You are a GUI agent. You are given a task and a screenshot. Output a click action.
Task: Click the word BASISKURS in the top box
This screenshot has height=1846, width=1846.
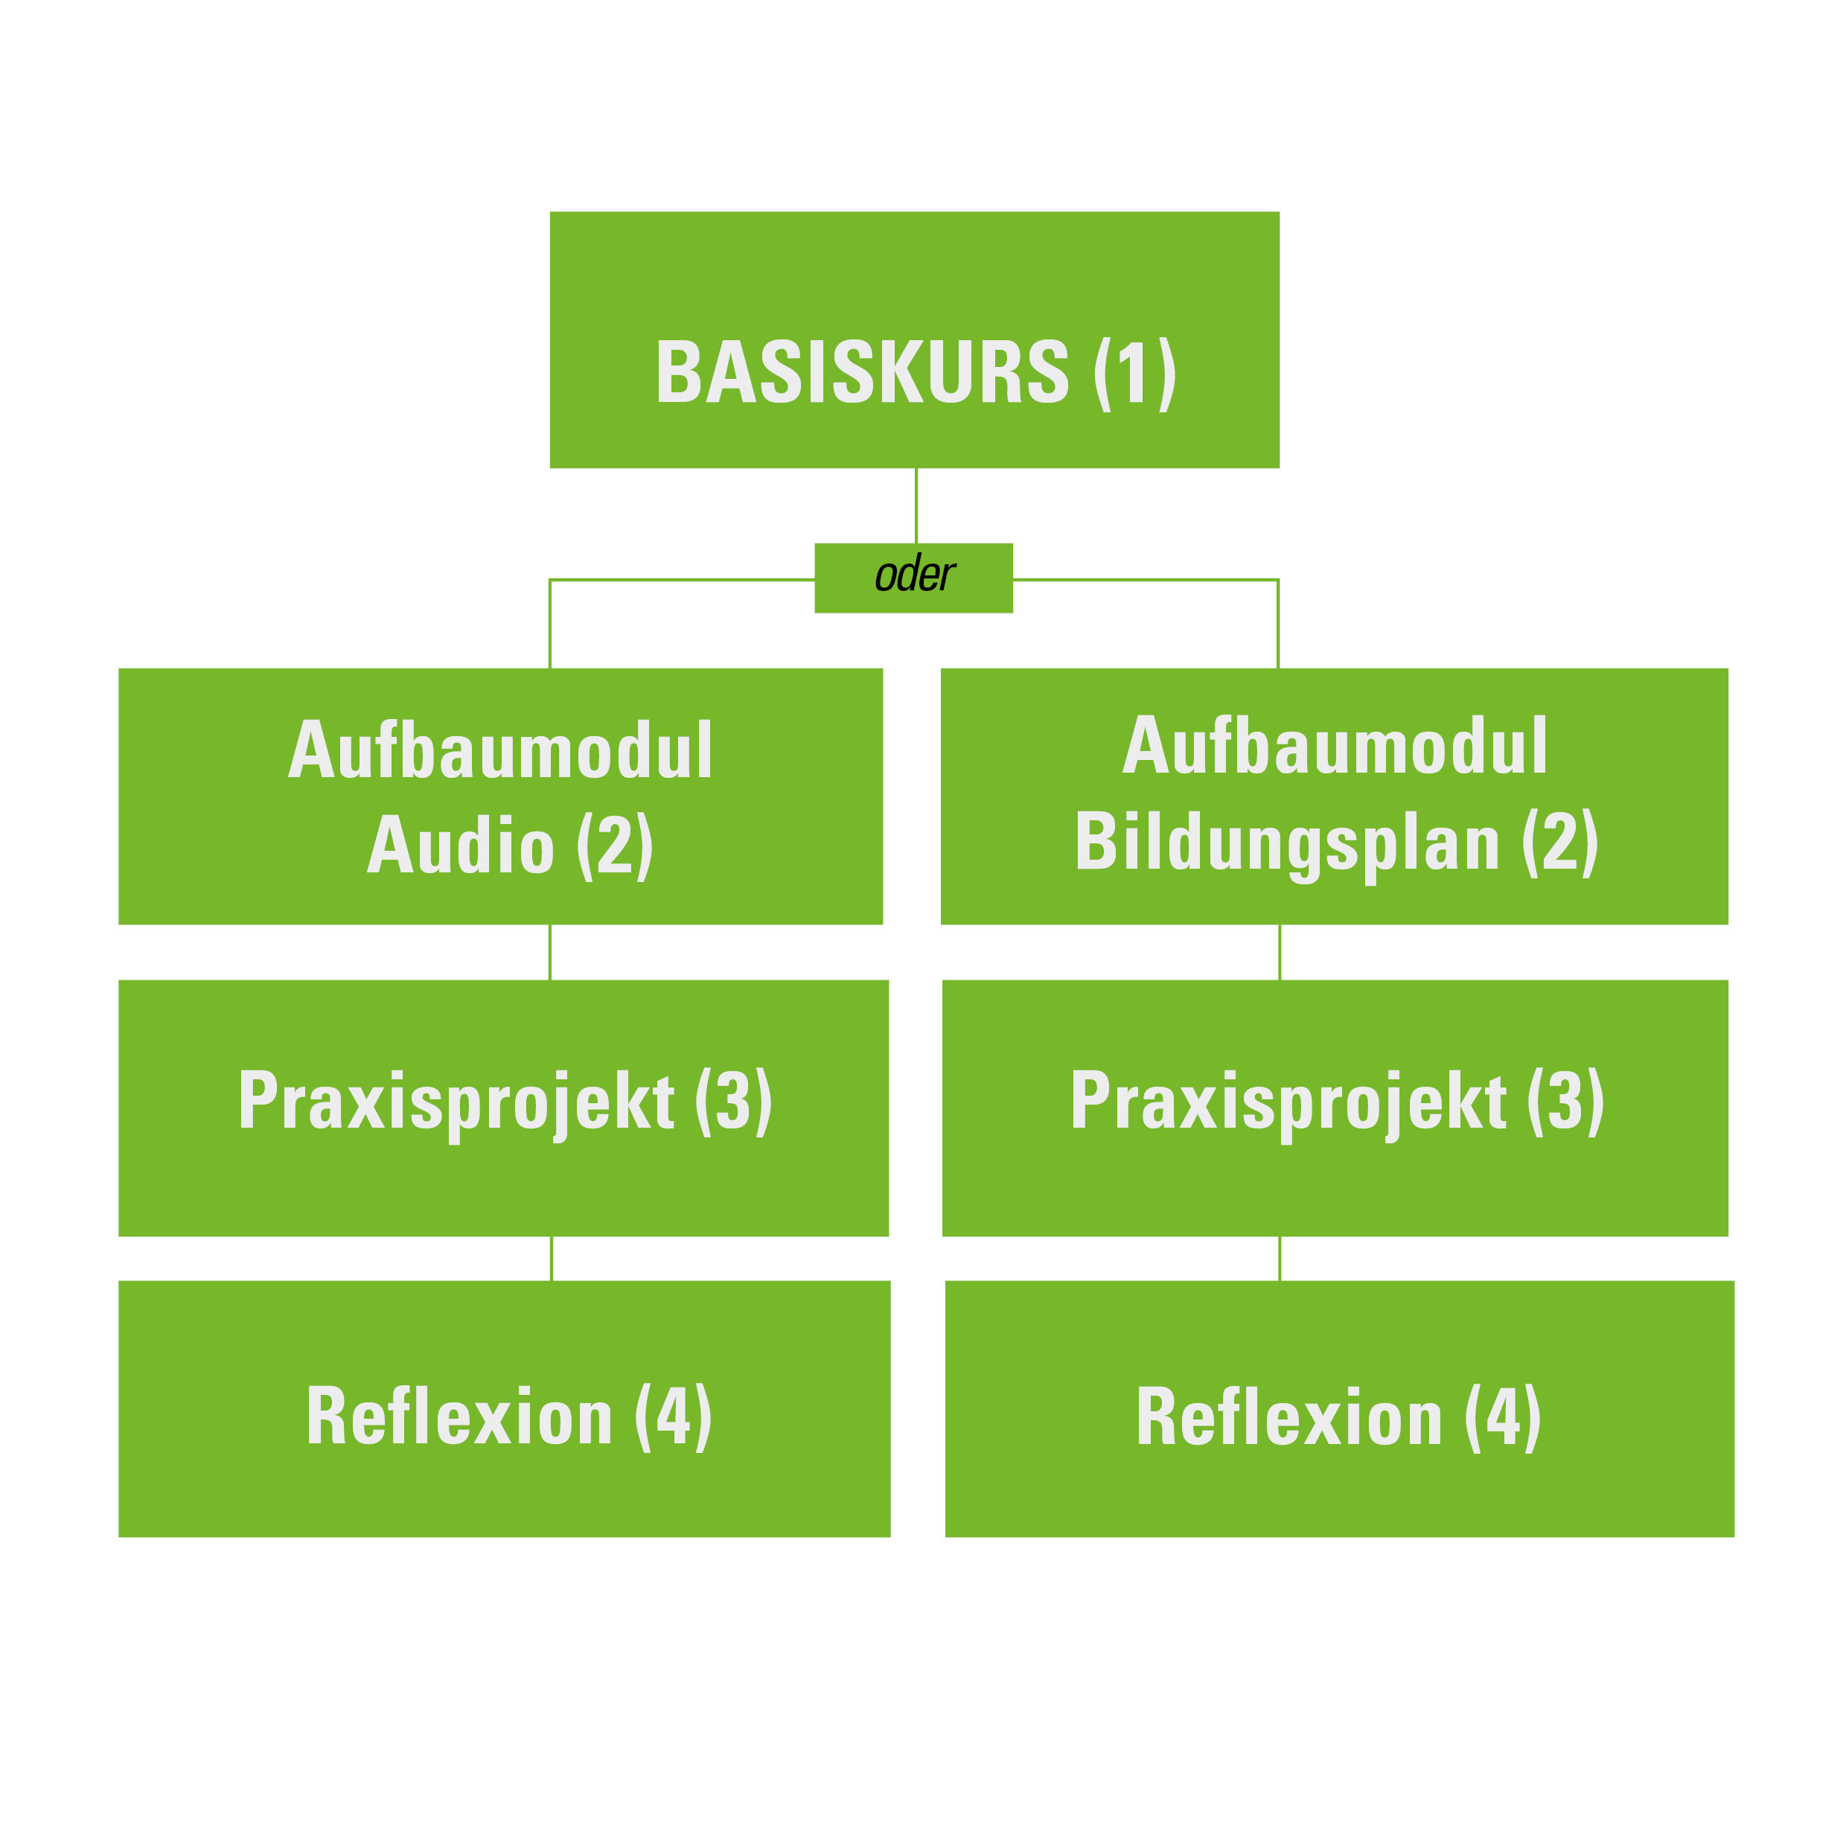(x=862, y=373)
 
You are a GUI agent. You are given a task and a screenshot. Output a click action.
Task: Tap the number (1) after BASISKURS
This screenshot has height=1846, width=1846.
(x=1134, y=374)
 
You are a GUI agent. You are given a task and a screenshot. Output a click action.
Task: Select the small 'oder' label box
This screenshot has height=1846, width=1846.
(x=913, y=578)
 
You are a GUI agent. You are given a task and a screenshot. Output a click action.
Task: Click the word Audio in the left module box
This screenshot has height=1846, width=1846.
(x=461, y=845)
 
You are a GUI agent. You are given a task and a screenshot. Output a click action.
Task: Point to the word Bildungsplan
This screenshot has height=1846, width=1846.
(x=1287, y=843)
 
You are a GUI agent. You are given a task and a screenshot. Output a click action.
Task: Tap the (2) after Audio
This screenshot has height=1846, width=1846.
(x=616, y=846)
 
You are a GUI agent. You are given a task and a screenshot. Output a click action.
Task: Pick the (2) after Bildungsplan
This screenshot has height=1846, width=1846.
(x=1560, y=842)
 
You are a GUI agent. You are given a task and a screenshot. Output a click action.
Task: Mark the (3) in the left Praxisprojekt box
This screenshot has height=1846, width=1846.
(x=734, y=1102)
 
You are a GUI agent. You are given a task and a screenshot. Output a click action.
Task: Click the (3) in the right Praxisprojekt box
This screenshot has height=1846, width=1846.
(x=1566, y=1102)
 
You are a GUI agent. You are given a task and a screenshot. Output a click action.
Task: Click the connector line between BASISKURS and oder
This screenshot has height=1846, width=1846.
(x=916, y=506)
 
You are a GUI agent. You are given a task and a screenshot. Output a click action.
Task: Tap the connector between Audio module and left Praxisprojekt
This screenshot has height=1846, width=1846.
(x=550, y=953)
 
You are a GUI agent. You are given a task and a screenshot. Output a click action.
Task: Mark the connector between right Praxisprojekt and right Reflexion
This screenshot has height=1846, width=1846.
(x=1280, y=1259)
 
